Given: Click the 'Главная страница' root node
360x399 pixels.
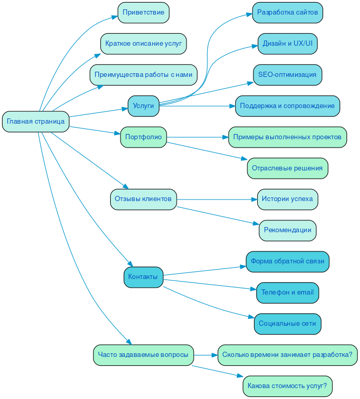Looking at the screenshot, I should [x=36, y=122].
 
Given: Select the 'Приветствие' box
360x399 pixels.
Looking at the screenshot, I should [x=143, y=12].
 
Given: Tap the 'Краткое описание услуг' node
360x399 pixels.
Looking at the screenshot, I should [x=143, y=44].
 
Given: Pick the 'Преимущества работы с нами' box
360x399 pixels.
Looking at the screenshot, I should [x=143, y=75].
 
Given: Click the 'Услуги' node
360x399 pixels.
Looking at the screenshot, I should [x=143, y=106].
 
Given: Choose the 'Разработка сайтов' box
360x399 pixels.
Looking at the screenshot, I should [x=287, y=12].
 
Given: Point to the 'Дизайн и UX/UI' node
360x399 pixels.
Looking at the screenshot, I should [x=287, y=44].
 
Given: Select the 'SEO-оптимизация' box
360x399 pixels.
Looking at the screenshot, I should [x=287, y=75].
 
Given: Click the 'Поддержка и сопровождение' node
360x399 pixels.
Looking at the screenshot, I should [x=287, y=106].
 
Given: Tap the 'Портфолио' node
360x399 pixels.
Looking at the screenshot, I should [x=143, y=137].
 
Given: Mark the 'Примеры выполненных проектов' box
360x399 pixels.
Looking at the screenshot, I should [x=287, y=137].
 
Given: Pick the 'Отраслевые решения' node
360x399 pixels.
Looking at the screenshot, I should [x=287, y=168].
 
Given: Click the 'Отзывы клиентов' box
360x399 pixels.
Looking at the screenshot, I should [x=143, y=199].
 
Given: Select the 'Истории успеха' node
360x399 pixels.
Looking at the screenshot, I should [x=287, y=199].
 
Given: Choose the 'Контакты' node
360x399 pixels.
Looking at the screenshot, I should [x=143, y=277].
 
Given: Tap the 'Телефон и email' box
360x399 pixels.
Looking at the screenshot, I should [x=287, y=292].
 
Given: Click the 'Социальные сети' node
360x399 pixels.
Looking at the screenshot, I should [x=287, y=324].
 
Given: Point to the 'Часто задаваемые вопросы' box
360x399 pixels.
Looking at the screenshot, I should [x=143, y=355].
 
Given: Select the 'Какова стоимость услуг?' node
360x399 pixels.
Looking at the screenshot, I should [x=287, y=386].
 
